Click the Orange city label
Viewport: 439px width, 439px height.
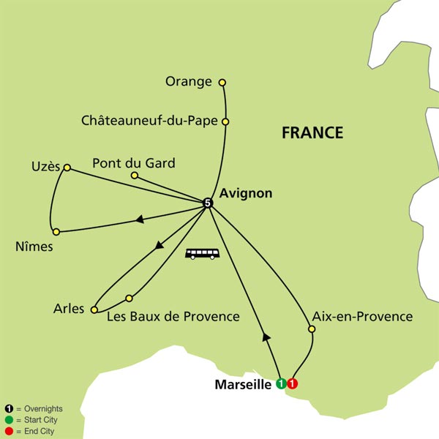coord(188,81)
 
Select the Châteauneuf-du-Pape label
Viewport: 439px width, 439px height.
coord(149,121)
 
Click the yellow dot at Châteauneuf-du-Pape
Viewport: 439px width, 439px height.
coord(225,121)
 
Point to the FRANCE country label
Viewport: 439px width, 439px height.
coord(312,132)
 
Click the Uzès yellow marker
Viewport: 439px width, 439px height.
coord(67,168)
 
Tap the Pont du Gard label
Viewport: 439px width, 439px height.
coord(134,162)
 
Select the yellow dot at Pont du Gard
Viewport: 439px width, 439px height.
coord(134,176)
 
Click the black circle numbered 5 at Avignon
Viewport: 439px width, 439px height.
coord(207,203)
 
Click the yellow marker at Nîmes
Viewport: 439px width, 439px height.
coord(56,232)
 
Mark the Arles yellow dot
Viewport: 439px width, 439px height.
coord(94,310)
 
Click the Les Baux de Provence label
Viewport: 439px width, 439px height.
coord(173,317)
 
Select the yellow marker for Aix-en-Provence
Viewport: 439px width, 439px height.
coord(312,330)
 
